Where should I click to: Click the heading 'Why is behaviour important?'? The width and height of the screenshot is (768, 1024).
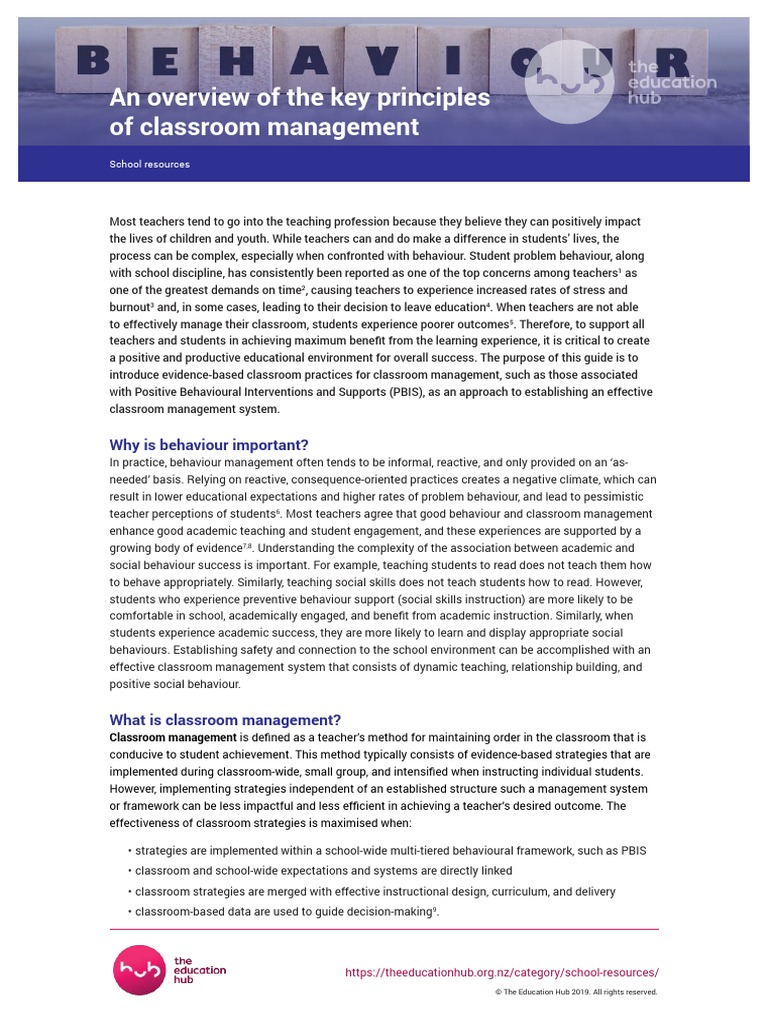click(209, 445)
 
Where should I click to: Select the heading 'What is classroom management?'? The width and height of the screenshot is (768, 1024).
click(225, 720)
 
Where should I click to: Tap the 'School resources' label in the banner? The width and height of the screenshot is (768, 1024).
click(149, 164)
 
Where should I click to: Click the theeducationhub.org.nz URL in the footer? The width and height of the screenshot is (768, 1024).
click(502, 972)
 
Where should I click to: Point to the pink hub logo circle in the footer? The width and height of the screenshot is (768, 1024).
click(137, 970)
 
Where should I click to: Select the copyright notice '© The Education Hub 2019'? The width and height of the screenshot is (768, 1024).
click(576, 992)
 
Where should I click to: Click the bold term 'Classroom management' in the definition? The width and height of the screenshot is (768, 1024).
click(173, 738)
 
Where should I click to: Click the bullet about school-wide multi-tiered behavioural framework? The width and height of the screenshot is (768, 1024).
click(390, 851)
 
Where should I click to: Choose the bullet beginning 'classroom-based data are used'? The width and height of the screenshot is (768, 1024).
click(286, 911)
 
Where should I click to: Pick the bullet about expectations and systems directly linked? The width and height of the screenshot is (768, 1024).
click(323, 871)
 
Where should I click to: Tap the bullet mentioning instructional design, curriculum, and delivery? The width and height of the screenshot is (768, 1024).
click(375, 891)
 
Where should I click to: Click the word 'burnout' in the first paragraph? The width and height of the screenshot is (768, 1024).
click(129, 307)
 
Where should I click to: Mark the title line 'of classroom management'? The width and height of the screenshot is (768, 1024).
click(263, 127)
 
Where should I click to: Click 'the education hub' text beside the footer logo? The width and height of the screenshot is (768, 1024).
click(199, 970)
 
